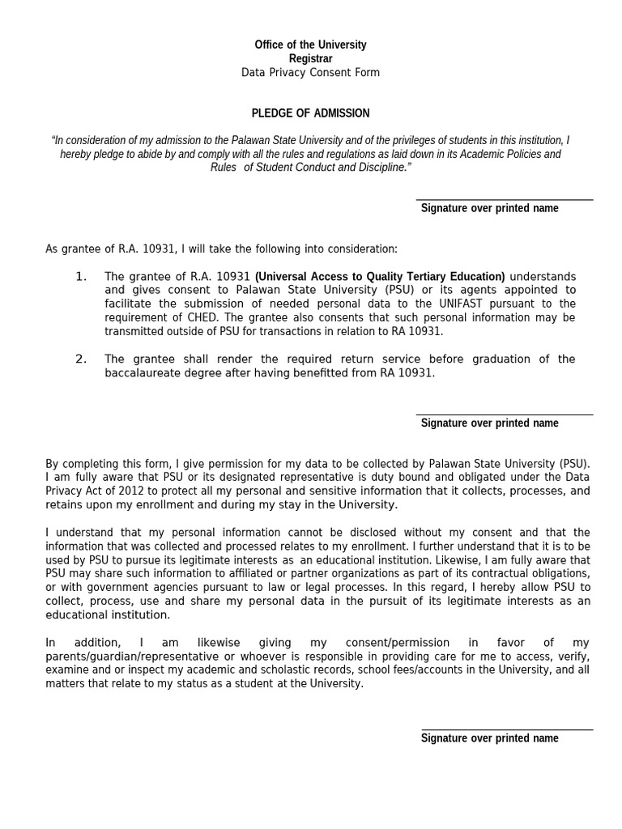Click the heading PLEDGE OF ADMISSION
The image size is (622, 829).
310,113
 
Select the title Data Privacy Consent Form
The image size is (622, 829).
310,73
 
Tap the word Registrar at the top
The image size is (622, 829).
310,58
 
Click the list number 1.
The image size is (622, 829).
81,277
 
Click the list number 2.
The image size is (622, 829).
81,359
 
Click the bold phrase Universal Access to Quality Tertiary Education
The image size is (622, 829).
380,277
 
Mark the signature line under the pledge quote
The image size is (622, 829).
504,199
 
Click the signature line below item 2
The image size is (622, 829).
504,414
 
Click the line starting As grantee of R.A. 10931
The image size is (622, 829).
221,249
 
